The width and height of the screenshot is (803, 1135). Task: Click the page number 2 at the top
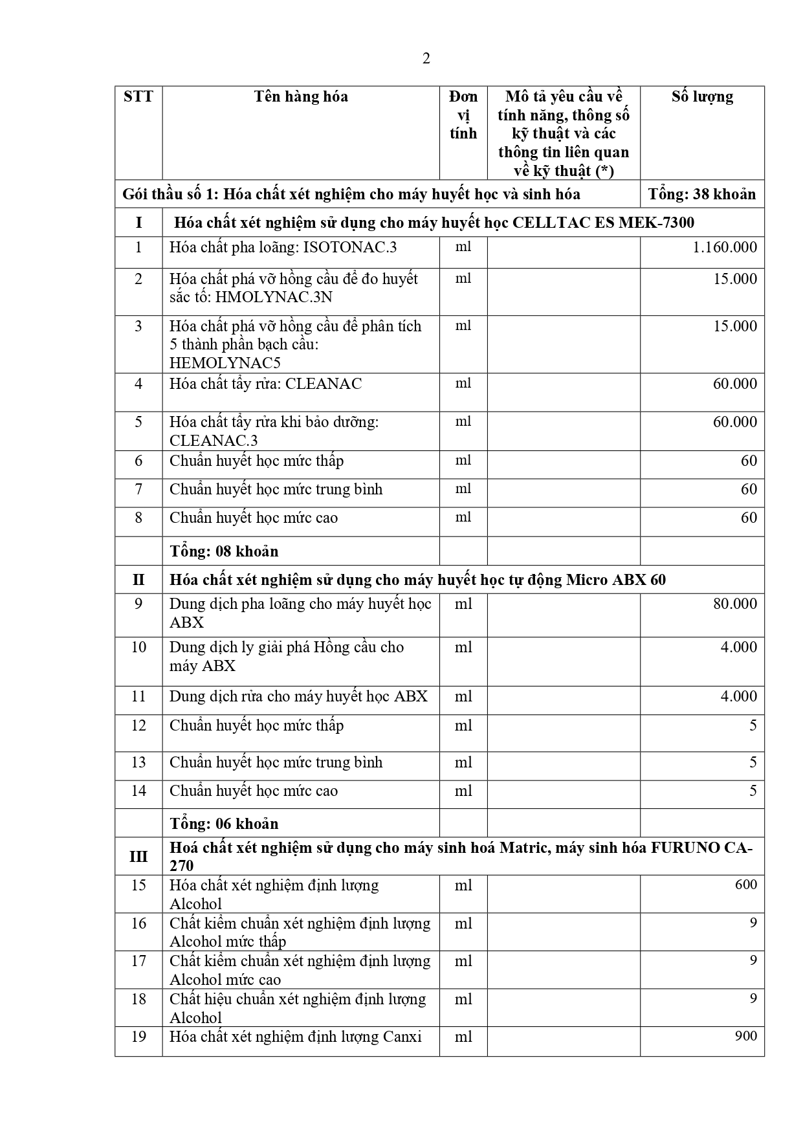point(426,59)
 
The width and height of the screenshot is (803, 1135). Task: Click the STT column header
point(138,97)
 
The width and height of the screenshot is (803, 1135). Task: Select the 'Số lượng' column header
point(702,97)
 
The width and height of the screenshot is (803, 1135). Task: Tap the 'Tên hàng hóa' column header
point(301,97)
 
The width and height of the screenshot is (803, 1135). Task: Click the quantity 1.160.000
point(724,248)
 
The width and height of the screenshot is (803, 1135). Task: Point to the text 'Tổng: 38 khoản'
point(702,194)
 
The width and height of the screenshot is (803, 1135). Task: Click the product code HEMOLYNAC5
point(225,362)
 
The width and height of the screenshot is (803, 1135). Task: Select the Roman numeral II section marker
point(138,580)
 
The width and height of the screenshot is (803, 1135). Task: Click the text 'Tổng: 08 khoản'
point(224,551)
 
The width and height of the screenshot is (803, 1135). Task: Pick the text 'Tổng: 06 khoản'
point(224,824)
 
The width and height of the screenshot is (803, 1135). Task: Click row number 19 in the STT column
point(138,1037)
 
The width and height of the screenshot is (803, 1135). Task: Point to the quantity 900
point(745,1036)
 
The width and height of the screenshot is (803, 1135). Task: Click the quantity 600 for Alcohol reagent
point(745,885)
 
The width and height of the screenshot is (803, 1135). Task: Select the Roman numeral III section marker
point(138,857)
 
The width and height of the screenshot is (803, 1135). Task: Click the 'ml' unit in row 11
point(463,696)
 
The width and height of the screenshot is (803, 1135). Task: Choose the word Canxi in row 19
point(402,1037)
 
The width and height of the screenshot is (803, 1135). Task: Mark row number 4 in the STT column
point(138,384)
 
